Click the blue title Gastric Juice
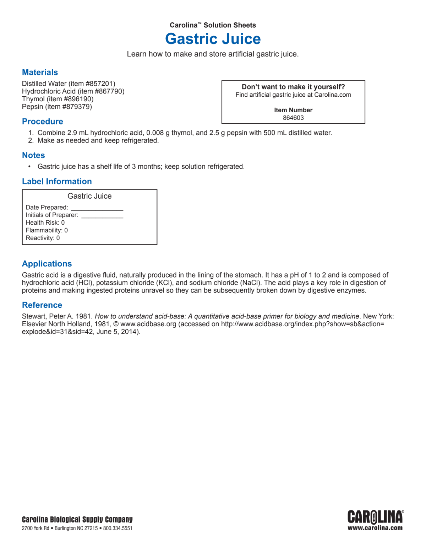click(213, 39)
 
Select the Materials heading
click(40, 73)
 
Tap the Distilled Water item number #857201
click(99, 84)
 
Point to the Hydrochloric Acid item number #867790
click(109, 91)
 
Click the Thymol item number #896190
click(78, 99)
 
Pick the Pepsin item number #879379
click(76, 107)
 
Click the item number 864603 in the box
click(293, 118)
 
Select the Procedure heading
click(42, 122)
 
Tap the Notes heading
click(33, 155)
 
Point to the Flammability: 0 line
click(47, 230)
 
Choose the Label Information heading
click(57, 182)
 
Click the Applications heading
click(47, 264)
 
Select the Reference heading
click(42, 305)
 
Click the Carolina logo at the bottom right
click(375, 517)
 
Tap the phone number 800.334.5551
click(118, 528)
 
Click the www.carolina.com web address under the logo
click(375, 528)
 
